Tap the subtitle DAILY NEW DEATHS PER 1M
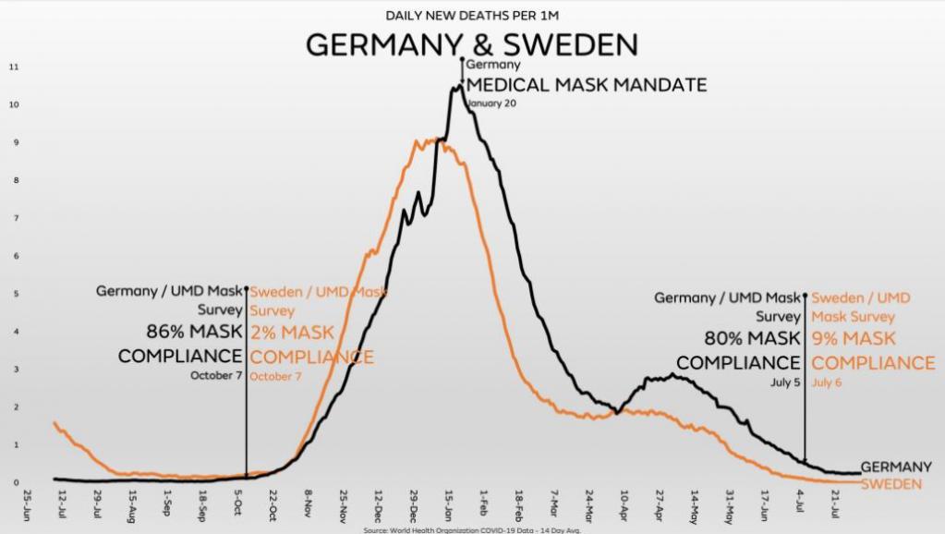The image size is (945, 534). pyautogui.click(x=471, y=15)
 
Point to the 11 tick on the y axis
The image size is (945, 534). pyautogui.click(x=14, y=67)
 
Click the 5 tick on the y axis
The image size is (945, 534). pyautogui.click(x=16, y=294)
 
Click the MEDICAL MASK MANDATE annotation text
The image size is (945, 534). pyautogui.click(x=587, y=85)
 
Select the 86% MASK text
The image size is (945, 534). pyautogui.click(x=194, y=332)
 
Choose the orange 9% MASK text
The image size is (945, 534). pyautogui.click(x=854, y=339)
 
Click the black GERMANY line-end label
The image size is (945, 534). pyautogui.click(x=896, y=467)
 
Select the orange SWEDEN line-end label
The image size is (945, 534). pyautogui.click(x=891, y=484)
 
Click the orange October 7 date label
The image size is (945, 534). pyautogui.click(x=275, y=376)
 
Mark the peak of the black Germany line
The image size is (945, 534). pyautogui.click(x=455, y=87)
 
